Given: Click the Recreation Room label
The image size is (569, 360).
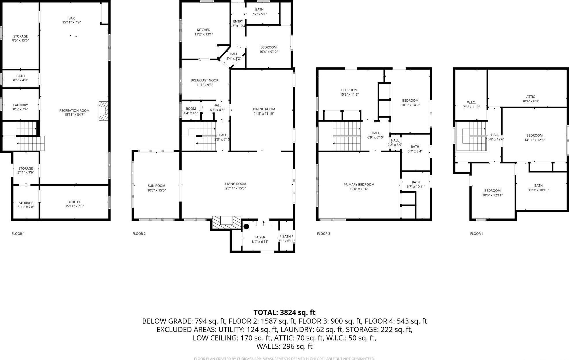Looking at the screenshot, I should pyautogui.click(x=74, y=110).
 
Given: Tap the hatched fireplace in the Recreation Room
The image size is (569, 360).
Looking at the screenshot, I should pyautogui.click(x=103, y=111).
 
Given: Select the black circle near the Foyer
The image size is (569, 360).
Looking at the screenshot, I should pyautogui.click(x=246, y=227).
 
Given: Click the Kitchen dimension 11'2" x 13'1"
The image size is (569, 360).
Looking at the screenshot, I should pyautogui.click(x=204, y=34).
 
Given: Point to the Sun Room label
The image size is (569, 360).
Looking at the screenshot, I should pyautogui.click(x=156, y=186).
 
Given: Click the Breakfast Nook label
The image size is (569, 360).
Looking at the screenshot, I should pyautogui.click(x=204, y=80).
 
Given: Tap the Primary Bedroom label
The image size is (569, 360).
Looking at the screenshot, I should pyautogui.click(x=359, y=184).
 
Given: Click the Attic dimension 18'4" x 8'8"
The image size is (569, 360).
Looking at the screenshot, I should pyautogui.click(x=530, y=101).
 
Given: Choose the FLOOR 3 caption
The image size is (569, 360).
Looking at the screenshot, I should pyautogui.click(x=323, y=233).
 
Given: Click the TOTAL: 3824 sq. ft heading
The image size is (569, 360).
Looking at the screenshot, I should pyautogui.click(x=284, y=312).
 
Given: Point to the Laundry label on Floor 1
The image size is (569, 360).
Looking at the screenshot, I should pyautogui.click(x=21, y=105).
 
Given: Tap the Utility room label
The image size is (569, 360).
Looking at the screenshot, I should pyautogui.click(x=74, y=202).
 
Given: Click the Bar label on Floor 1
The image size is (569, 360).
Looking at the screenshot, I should pyautogui.click(x=71, y=18).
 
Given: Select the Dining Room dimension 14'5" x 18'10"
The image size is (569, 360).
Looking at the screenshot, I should pyautogui.click(x=264, y=114).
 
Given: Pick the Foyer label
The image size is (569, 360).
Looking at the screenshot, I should pyautogui.click(x=260, y=237).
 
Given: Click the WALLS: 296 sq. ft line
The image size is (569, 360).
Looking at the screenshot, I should pyautogui.click(x=284, y=346).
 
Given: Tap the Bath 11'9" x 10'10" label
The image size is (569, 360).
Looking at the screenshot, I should pyautogui.click(x=538, y=185).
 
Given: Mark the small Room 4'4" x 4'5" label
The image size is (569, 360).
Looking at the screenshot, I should pyautogui.click(x=191, y=109).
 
